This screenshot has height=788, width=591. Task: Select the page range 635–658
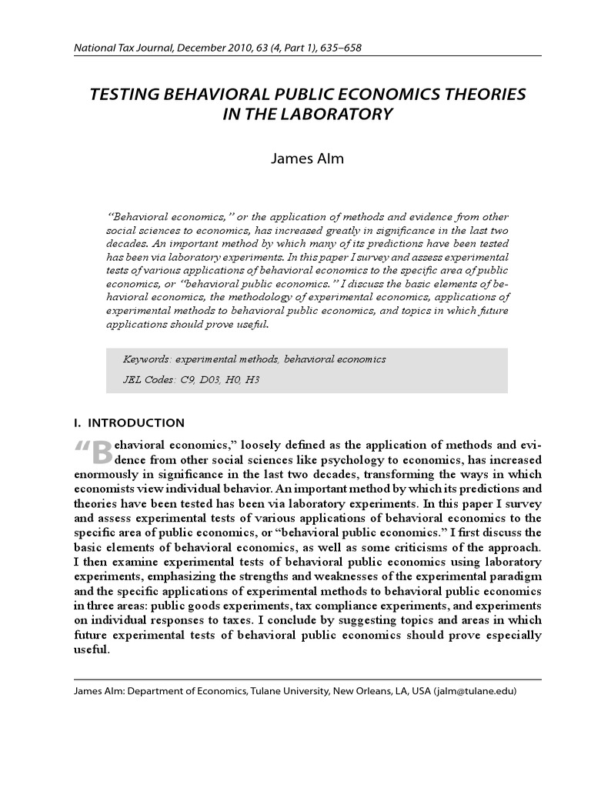(x=336, y=48)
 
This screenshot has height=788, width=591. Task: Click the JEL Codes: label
(x=149, y=380)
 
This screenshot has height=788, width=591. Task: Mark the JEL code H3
(x=252, y=380)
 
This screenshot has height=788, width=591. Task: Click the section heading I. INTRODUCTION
(x=129, y=422)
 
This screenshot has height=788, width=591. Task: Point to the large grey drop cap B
(x=102, y=452)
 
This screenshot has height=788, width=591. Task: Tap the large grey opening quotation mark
(x=83, y=449)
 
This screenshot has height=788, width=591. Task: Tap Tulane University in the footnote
(x=289, y=691)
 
